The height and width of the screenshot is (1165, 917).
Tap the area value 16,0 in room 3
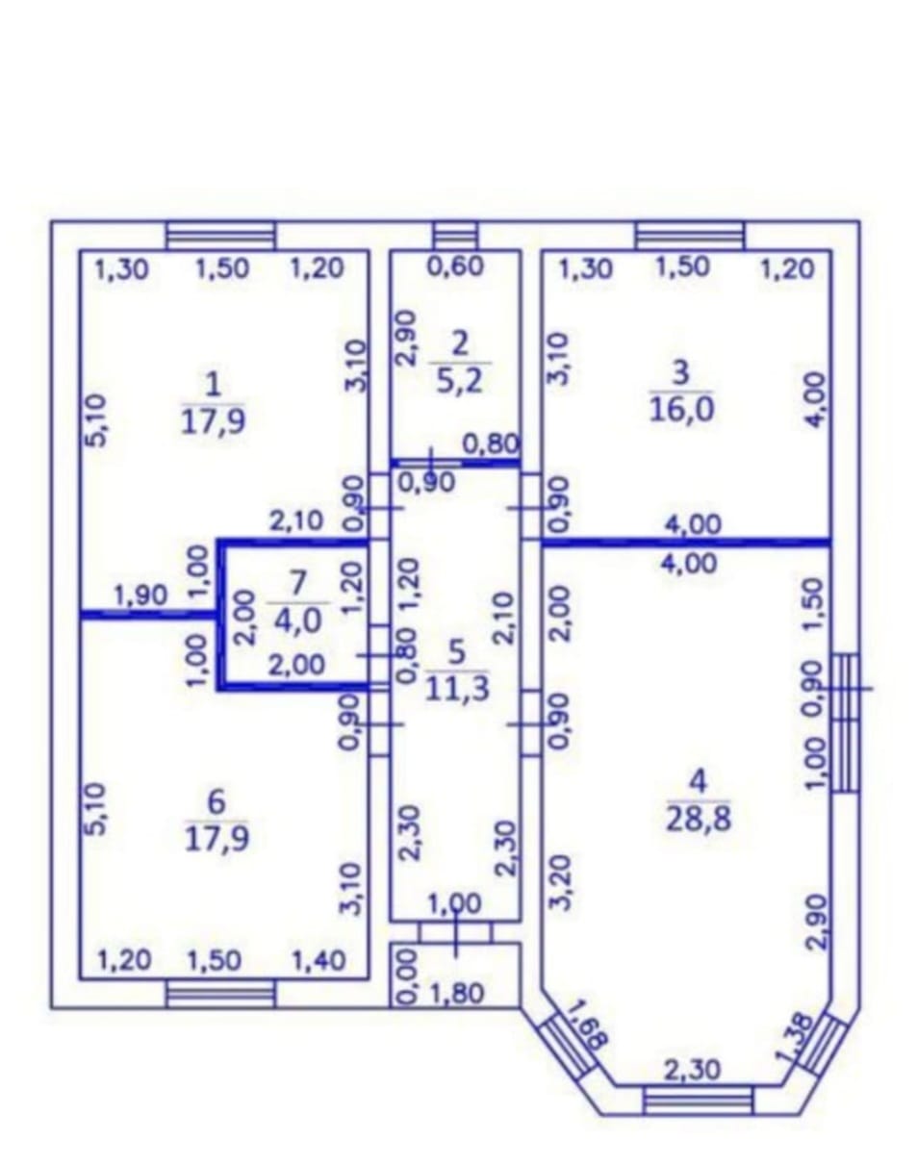(681, 410)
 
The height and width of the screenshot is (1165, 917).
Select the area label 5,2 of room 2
(459, 382)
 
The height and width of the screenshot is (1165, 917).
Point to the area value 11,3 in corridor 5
(458, 689)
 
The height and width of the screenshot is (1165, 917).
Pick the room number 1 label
(214, 387)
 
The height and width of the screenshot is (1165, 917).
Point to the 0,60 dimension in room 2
(456, 266)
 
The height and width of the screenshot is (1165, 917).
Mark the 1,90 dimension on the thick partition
(140, 595)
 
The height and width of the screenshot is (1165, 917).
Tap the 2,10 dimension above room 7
(296, 521)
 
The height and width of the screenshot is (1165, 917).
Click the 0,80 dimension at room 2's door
(492, 444)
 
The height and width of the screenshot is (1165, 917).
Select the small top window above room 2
(455, 236)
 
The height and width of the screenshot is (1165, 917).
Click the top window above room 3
(690, 236)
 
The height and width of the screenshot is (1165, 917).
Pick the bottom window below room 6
(220, 995)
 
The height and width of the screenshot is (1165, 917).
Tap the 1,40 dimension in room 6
(318, 961)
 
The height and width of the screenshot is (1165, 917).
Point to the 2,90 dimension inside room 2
(407, 339)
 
